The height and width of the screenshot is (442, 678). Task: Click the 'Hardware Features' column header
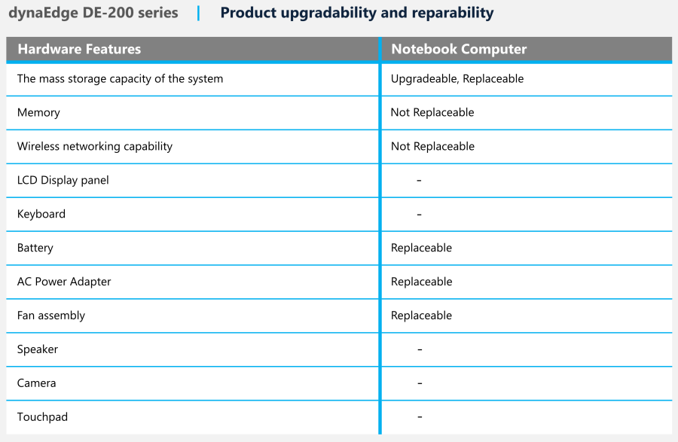pyautogui.click(x=79, y=49)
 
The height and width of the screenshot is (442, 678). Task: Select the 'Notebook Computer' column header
pyautogui.click(x=459, y=49)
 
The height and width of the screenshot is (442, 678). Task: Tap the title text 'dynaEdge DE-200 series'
pyautogui.click(x=93, y=13)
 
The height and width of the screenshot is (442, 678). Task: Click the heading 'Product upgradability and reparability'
pyautogui.click(x=357, y=14)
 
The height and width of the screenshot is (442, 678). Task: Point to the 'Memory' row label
pyautogui.click(x=38, y=113)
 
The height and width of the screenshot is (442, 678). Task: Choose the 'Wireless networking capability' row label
pyautogui.click(x=95, y=147)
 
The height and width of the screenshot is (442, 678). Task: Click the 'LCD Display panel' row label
pyautogui.click(x=63, y=180)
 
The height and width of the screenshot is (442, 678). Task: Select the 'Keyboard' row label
pyautogui.click(x=41, y=215)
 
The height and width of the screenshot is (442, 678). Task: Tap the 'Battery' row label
pyautogui.click(x=35, y=248)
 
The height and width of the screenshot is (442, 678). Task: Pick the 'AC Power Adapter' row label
pyautogui.click(x=64, y=282)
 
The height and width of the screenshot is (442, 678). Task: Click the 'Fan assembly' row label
pyautogui.click(x=51, y=315)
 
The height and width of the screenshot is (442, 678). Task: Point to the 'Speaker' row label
pyautogui.click(x=37, y=349)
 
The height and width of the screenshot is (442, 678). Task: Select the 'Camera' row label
pyautogui.click(x=36, y=383)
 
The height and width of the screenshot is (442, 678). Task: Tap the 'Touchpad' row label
pyautogui.click(x=42, y=417)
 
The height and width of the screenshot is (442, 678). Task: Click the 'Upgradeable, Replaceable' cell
pyautogui.click(x=457, y=79)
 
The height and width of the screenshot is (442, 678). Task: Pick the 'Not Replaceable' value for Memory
pyautogui.click(x=432, y=112)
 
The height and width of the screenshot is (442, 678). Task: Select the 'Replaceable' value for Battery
pyautogui.click(x=421, y=248)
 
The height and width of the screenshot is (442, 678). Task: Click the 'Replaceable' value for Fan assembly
pyautogui.click(x=421, y=315)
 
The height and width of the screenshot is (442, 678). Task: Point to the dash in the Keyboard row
pyautogui.click(x=419, y=215)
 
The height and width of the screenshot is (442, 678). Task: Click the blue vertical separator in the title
pyautogui.click(x=198, y=14)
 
